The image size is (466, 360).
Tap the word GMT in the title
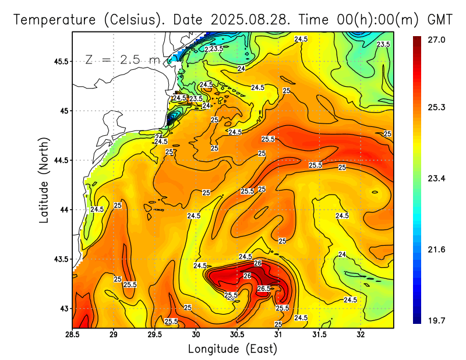click(x=440, y=20)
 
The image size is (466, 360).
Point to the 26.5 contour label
click(x=264, y=288)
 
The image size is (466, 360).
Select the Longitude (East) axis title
click(x=232, y=349)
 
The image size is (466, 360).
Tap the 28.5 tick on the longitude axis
click(x=72, y=334)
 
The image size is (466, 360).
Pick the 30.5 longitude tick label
click(x=237, y=334)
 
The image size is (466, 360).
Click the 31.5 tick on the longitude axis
click(x=319, y=334)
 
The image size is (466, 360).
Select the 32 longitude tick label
click(x=361, y=334)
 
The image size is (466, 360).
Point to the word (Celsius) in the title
click(x=132, y=20)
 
